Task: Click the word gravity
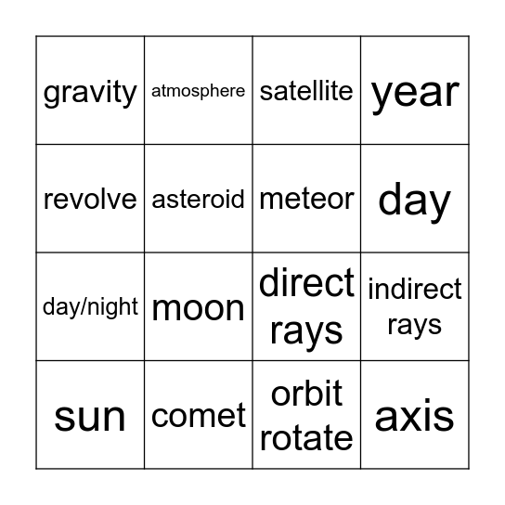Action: pyautogui.click(x=90, y=92)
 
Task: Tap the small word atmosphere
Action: pyautogui.click(x=198, y=91)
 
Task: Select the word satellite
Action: pyautogui.click(x=306, y=91)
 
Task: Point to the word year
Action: pyautogui.click(x=415, y=93)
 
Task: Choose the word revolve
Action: pyautogui.click(x=90, y=199)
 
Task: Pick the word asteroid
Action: pyautogui.click(x=198, y=199)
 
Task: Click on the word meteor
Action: pyautogui.click(x=306, y=199)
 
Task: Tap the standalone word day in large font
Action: pyautogui.click(x=415, y=201)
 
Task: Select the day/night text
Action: pyautogui.click(x=90, y=307)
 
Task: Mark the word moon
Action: pyautogui.click(x=198, y=308)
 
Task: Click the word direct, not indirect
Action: pyautogui.click(x=306, y=282)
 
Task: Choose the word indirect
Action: pyautogui.click(x=415, y=290)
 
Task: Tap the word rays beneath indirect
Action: pyautogui.click(x=415, y=326)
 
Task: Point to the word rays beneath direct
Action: pyautogui.click(x=306, y=332)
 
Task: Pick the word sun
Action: pyautogui.click(x=90, y=417)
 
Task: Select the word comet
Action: pyautogui.click(x=198, y=417)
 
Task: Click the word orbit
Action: pyautogui.click(x=306, y=395)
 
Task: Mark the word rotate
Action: pyautogui.click(x=306, y=438)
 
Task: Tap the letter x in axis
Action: pyautogui.click(x=415, y=418)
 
